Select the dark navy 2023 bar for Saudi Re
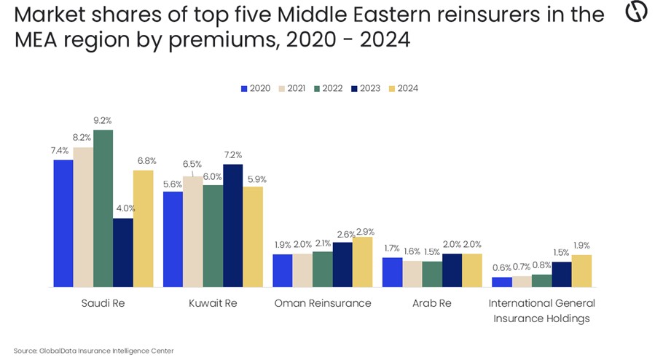123,252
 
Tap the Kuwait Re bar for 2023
232,225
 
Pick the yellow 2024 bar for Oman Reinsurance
362,262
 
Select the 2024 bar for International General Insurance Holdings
581,270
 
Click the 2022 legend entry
330,88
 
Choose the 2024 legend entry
404,88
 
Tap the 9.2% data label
103,120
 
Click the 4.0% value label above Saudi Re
123,209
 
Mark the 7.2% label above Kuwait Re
232,155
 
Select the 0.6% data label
502,269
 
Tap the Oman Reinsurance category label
322,303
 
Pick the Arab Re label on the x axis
432,303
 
